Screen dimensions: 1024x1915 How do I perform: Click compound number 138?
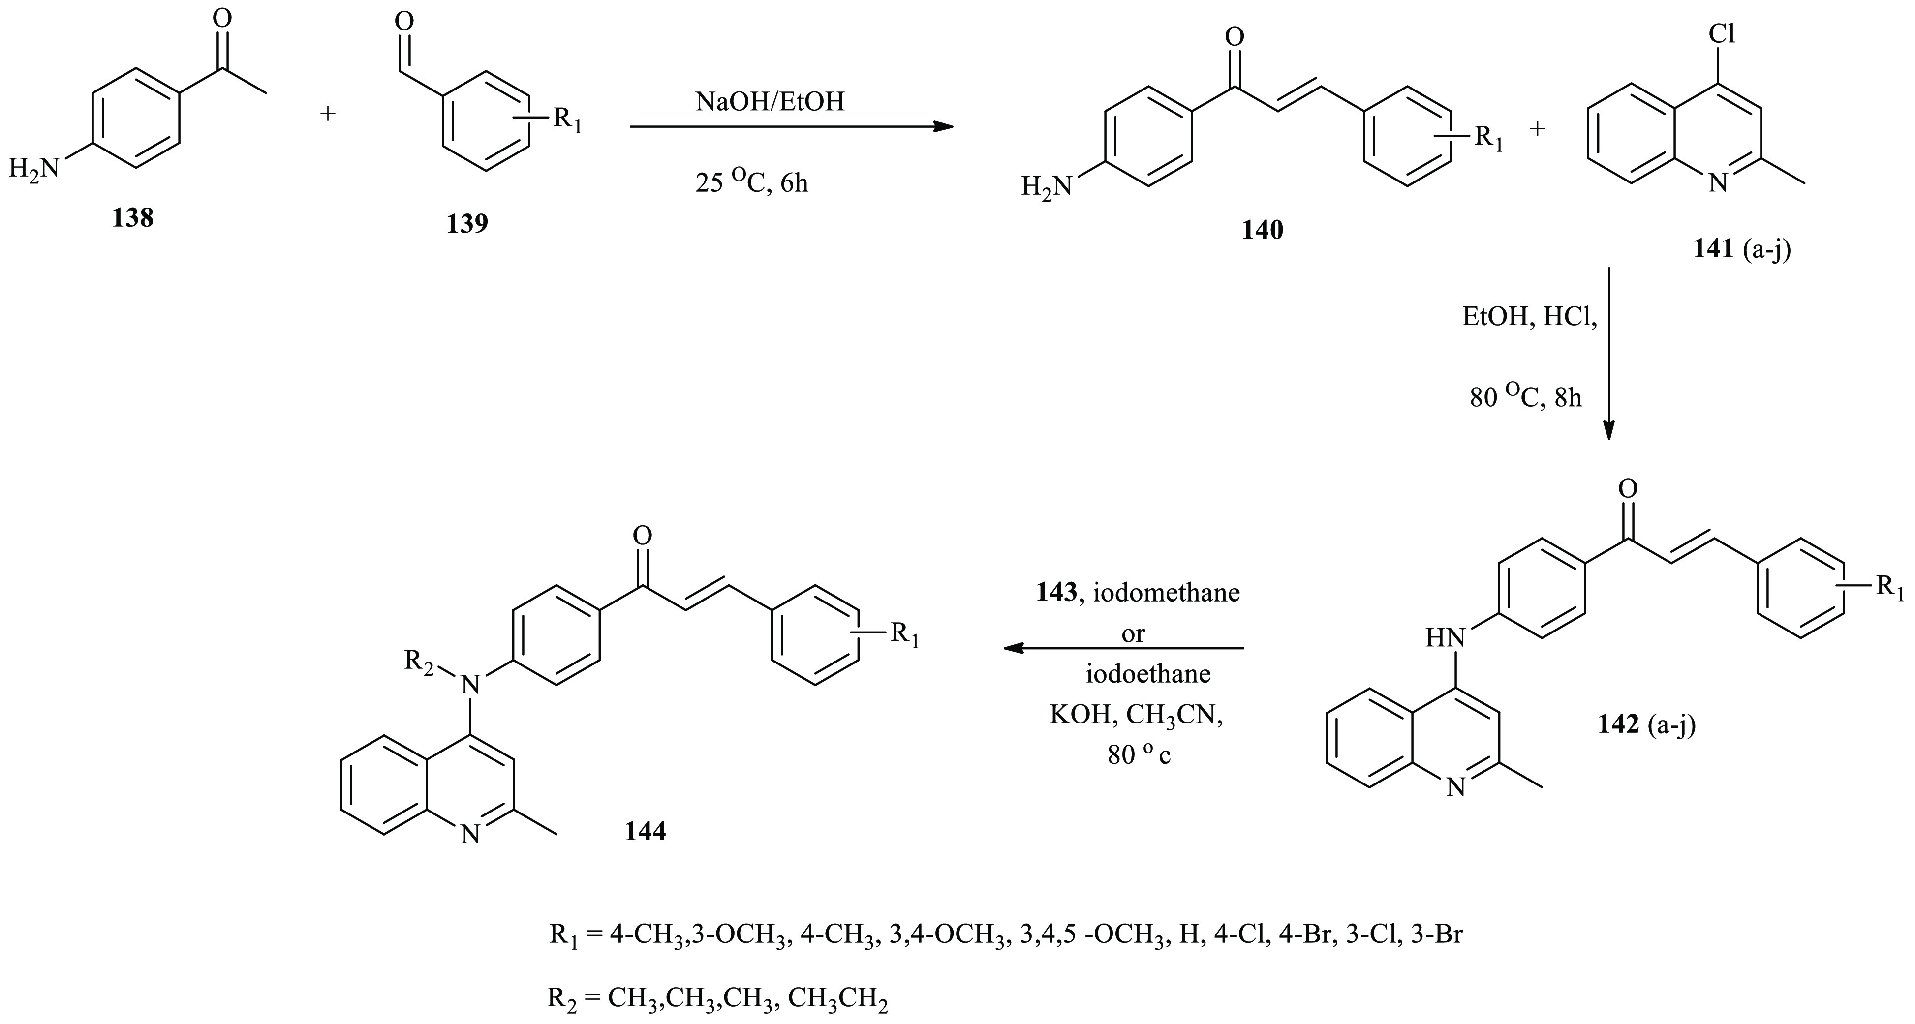click(132, 218)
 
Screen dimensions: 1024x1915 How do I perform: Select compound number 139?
click(467, 222)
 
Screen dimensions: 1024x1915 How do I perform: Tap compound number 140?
click(1262, 230)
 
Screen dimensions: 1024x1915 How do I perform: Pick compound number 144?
click(645, 831)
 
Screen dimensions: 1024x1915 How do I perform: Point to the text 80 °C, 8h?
click(1525, 397)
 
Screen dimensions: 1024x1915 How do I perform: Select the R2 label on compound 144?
click(419, 661)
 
